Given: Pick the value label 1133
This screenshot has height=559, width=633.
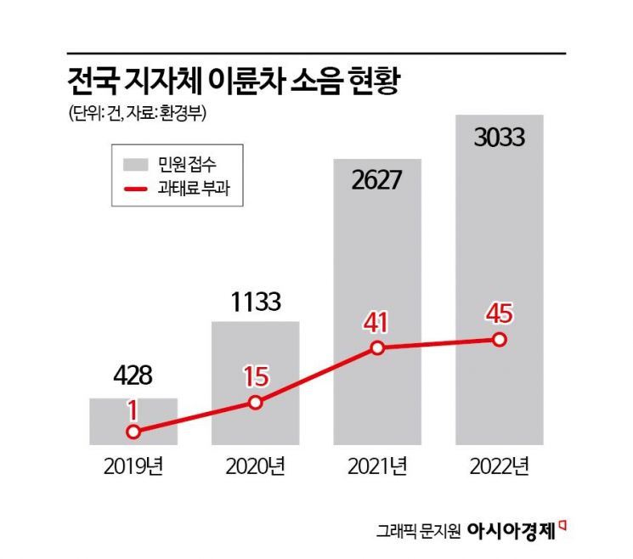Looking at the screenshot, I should click(x=255, y=302).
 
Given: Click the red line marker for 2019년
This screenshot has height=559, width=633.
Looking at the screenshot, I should click(x=133, y=432).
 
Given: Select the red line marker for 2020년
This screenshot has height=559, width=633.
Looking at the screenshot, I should click(x=255, y=403).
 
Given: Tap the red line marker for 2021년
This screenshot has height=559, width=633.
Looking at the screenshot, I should click(x=377, y=348).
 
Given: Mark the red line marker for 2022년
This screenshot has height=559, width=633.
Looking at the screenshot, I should click(x=499, y=340).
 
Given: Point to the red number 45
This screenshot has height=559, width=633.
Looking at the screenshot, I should click(x=499, y=313).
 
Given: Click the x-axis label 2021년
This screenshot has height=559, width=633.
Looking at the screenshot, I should click(x=377, y=466).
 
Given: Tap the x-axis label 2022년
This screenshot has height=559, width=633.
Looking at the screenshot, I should click(x=499, y=466).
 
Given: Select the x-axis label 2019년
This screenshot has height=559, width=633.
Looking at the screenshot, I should click(x=133, y=466).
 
